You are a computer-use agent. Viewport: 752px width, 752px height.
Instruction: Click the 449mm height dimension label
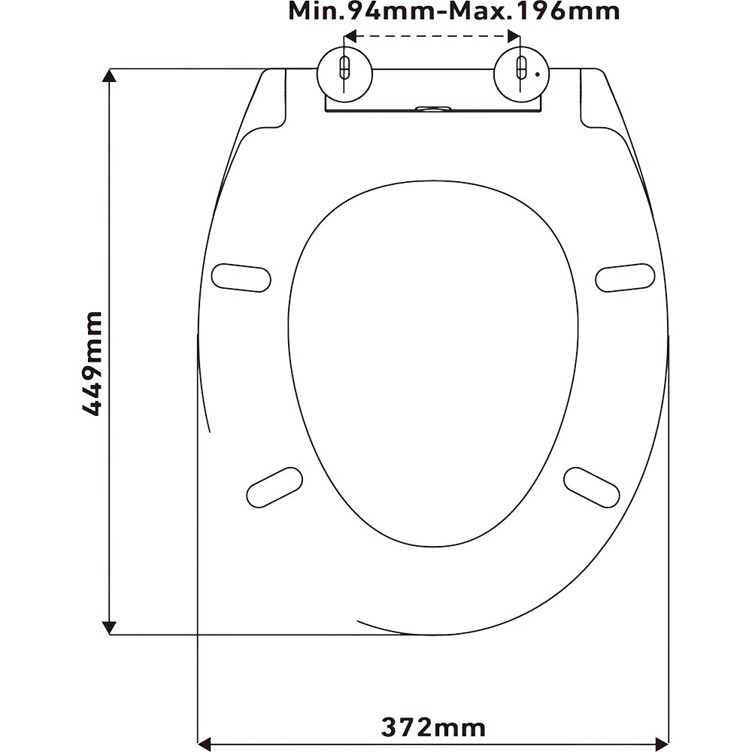point(92,363)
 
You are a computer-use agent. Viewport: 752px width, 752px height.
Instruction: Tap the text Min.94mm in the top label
point(355,11)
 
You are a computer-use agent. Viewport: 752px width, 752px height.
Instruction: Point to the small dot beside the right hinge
point(535,74)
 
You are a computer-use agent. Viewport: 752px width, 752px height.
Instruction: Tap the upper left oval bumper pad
point(241,277)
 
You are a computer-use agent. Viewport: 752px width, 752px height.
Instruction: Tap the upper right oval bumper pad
point(625,277)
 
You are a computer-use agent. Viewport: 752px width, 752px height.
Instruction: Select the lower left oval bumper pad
point(274,486)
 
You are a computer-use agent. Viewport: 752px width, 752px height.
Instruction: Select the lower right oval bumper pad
point(592,486)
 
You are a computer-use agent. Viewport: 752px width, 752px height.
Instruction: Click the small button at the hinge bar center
point(432,108)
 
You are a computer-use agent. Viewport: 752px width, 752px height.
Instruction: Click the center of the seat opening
point(433,353)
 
